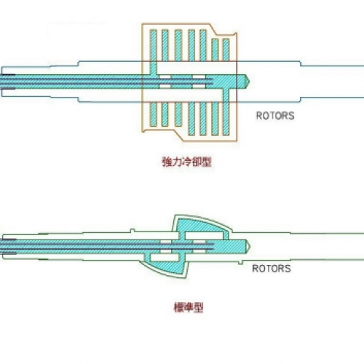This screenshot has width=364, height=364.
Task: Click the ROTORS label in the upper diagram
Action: (x=275, y=116)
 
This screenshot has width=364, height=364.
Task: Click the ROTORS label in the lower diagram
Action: (x=272, y=269)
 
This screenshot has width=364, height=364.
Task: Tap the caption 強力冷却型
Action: (x=186, y=162)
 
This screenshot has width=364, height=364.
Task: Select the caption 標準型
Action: (x=189, y=307)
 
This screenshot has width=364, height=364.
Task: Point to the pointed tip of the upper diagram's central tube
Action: (x=250, y=81)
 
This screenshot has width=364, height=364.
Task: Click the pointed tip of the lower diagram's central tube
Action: (x=250, y=246)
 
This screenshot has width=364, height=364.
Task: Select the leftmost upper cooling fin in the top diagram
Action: (x=153, y=45)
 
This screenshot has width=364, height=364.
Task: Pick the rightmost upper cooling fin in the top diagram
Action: (x=226, y=50)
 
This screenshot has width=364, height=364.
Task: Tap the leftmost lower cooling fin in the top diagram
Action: (x=153, y=114)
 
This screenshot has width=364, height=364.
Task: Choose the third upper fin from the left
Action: (x=178, y=45)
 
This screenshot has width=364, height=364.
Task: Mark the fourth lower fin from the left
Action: (x=191, y=119)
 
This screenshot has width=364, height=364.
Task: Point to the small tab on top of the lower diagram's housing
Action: (x=132, y=230)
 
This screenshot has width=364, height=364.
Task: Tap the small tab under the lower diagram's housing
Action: (x=240, y=262)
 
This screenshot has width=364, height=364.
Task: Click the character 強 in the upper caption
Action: (x=167, y=162)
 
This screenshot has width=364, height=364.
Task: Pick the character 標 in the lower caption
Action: (x=178, y=307)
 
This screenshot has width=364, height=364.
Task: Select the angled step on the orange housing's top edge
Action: (x=213, y=29)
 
